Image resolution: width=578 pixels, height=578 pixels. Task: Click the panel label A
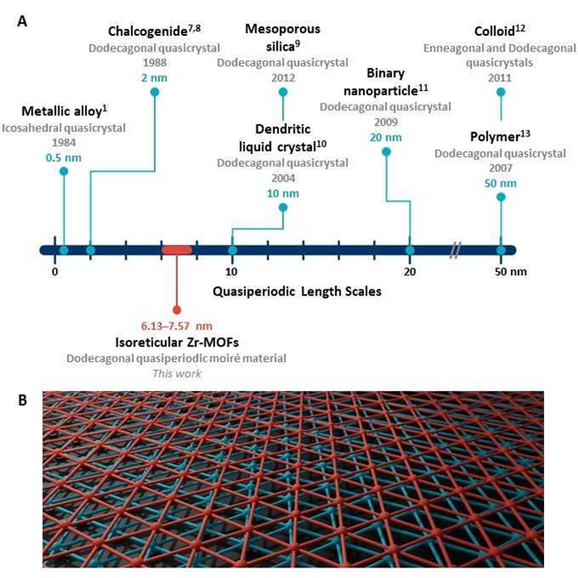[x=22, y=21]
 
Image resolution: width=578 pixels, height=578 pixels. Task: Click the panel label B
[x=22, y=400]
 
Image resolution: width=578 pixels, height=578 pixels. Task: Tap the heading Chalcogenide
[x=148, y=31]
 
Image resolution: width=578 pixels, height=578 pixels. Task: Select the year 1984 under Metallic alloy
[x=64, y=142]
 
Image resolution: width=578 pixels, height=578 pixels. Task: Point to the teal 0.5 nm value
[x=64, y=158]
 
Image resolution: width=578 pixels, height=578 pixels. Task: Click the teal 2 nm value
[x=154, y=77]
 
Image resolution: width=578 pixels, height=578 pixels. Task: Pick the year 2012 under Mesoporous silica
[x=283, y=77]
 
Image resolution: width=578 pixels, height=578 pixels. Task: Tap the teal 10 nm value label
[x=283, y=194]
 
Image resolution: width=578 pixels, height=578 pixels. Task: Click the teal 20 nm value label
[x=385, y=137]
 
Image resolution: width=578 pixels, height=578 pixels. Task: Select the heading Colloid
[x=495, y=31]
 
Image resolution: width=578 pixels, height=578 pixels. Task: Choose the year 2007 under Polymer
[x=501, y=167]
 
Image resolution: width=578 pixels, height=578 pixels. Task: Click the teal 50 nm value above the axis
[x=501, y=183]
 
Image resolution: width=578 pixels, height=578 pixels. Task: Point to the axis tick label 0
[x=55, y=272]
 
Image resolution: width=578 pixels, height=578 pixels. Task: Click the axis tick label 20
[x=410, y=272]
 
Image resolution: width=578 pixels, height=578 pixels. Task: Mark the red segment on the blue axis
[x=177, y=251]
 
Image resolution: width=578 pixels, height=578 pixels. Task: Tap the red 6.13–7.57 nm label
[x=176, y=326]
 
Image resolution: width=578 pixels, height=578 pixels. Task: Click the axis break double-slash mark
[x=456, y=251]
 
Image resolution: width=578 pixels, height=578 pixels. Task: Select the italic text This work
[x=177, y=374]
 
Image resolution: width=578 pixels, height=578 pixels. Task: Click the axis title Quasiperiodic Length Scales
[x=296, y=291]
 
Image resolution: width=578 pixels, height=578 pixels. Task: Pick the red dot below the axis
[x=177, y=310]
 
